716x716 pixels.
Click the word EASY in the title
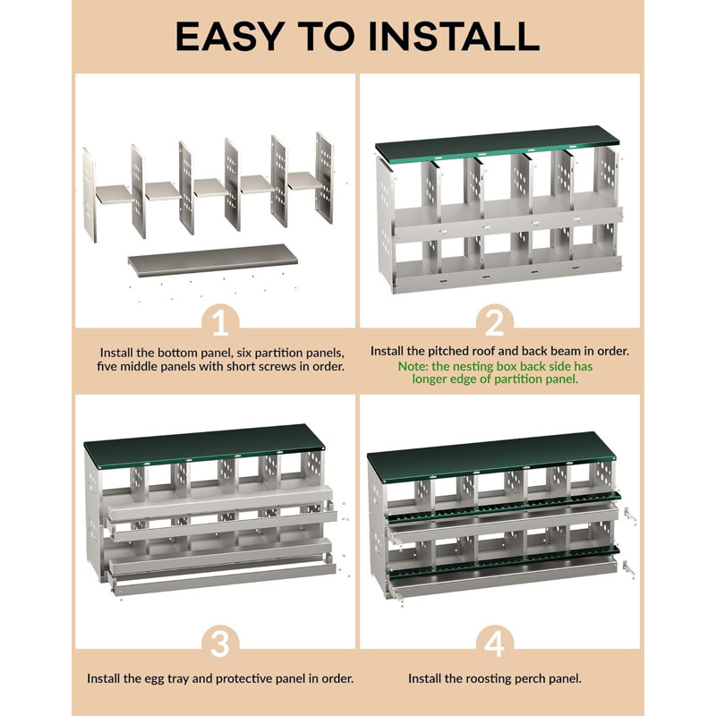(230, 36)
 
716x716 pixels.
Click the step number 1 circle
(220, 321)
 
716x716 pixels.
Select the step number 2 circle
(495, 321)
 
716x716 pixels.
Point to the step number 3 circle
(220, 643)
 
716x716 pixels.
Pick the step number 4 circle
(495, 643)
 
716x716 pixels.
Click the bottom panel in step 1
(213, 260)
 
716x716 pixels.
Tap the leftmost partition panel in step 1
(89, 195)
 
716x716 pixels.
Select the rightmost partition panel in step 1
(324, 177)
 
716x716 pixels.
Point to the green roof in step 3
(204, 445)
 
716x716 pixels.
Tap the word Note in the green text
(412, 366)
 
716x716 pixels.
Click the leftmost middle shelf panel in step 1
(115, 194)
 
